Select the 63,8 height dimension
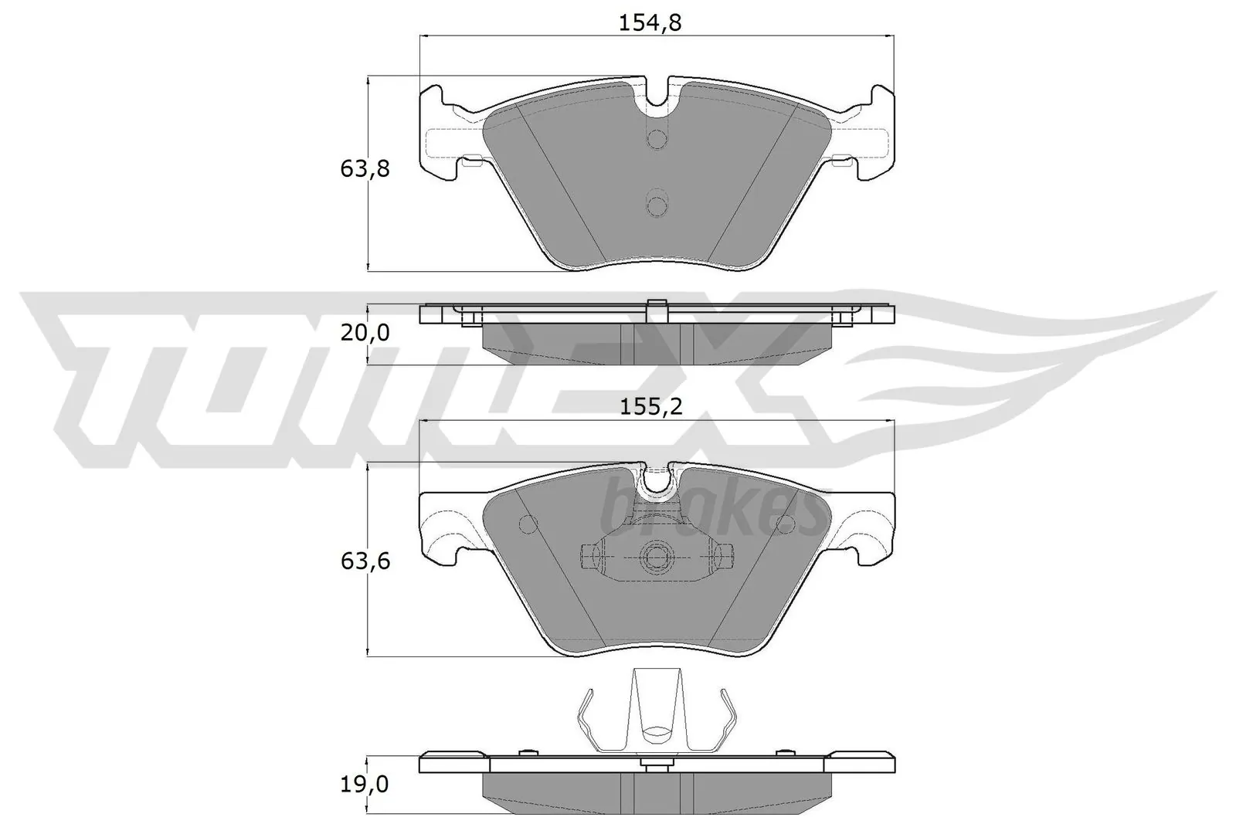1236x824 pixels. click(365, 169)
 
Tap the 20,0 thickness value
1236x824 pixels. click(365, 334)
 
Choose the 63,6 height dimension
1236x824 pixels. click(365, 561)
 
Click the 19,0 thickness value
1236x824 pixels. click(365, 786)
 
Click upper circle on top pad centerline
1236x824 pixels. click(657, 139)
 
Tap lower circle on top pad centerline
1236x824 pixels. click(657, 205)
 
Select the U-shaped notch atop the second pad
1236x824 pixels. click(657, 480)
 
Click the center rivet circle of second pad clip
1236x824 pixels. click(657, 555)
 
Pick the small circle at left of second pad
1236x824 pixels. click(528, 524)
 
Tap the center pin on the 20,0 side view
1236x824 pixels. click(657, 308)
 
